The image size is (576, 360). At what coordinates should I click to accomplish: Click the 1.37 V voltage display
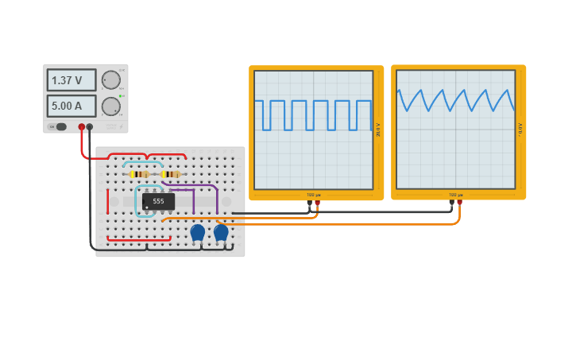coord(72,80)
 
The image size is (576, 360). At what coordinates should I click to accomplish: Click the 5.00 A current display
coord(72,106)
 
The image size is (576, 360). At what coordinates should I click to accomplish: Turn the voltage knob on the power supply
coord(111,79)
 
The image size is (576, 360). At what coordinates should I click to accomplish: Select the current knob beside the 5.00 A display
coord(111,106)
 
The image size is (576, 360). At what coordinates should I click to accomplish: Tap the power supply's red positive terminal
coord(81,126)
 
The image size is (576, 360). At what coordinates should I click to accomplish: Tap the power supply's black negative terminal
coord(90,126)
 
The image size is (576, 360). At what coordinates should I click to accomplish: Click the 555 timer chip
coord(158,202)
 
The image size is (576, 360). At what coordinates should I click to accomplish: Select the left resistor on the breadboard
coord(139,174)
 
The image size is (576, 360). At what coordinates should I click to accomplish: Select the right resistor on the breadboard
coord(170,174)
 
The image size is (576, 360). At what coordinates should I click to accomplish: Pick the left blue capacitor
coord(197,232)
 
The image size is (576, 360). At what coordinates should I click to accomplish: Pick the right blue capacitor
coord(221,232)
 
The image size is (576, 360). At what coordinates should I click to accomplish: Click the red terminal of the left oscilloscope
coord(317,203)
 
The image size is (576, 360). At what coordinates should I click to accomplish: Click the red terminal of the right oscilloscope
coord(459,203)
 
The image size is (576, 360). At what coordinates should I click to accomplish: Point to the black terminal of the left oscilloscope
coord(310,203)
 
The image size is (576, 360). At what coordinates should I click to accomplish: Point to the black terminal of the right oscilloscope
coord(451,203)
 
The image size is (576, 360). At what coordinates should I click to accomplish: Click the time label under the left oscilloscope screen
coord(313,195)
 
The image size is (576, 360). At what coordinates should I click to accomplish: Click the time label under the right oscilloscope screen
coord(455,195)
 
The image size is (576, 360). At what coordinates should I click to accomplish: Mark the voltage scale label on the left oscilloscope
coord(378,130)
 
